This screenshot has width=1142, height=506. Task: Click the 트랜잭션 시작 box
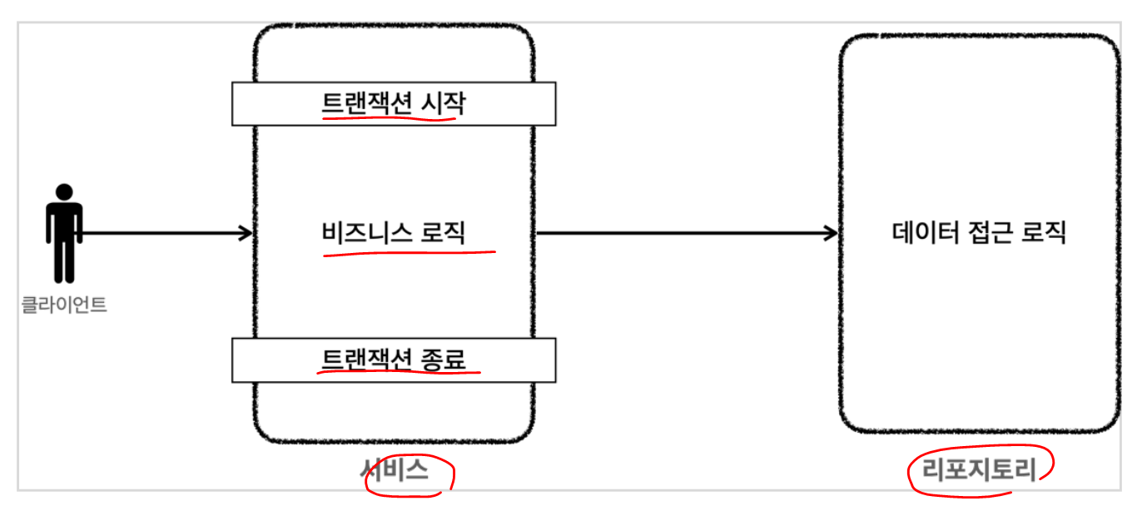coord(393,103)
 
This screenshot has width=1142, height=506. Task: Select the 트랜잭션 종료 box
coord(393,360)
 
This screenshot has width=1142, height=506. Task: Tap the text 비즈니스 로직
coord(393,232)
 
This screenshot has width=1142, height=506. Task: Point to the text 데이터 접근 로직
coord(979,232)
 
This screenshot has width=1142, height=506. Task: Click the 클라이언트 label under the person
coord(64,305)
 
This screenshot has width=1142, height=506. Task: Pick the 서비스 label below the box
coord(395,471)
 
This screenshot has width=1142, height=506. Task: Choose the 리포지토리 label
coord(979,471)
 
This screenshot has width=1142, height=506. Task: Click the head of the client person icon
coord(64,191)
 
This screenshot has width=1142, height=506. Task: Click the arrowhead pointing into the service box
coord(246,234)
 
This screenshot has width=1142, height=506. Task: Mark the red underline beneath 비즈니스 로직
coord(408,251)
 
